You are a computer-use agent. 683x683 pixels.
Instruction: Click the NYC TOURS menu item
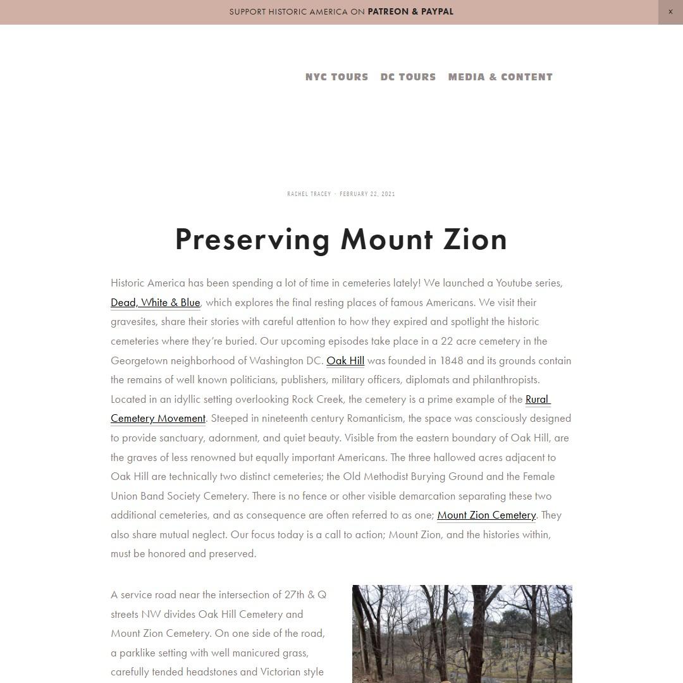(336, 77)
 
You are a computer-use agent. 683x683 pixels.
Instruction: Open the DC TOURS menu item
(408, 77)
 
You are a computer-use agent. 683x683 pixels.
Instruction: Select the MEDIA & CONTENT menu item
(500, 77)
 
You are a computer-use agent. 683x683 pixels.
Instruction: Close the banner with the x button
(670, 12)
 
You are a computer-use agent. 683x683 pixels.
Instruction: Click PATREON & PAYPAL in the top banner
(410, 12)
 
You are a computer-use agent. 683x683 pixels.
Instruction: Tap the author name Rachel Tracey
(309, 194)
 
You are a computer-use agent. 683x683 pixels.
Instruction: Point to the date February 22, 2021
(367, 194)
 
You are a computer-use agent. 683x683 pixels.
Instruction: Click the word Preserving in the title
(252, 240)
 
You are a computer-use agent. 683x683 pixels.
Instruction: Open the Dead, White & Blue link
(155, 302)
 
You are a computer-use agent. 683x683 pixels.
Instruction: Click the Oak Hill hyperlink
(345, 360)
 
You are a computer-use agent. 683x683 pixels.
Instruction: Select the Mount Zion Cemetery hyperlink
(486, 515)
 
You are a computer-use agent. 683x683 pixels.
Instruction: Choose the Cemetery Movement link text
(158, 418)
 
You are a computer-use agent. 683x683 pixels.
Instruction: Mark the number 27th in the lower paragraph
(294, 594)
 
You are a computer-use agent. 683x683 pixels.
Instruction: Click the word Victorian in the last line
(280, 672)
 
